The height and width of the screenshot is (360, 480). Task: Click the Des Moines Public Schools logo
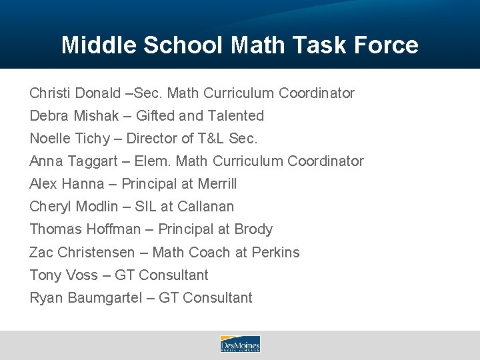click(x=240, y=344)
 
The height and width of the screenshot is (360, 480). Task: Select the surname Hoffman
click(x=113, y=229)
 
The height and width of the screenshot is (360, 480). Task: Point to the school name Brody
click(x=254, y=229)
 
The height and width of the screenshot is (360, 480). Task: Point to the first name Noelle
click(x=51, y=139)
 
